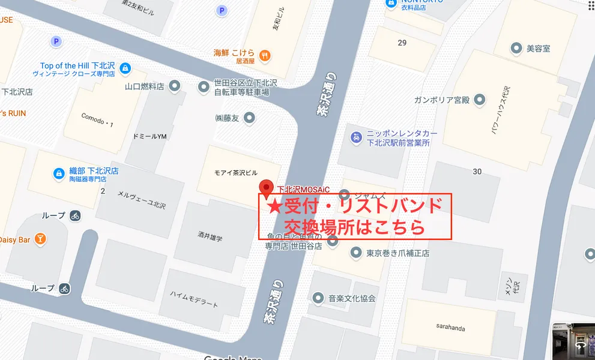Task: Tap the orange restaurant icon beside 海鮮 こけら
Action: point(265,56)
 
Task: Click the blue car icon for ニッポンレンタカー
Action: point(356,137)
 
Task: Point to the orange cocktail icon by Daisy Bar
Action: point(40,239)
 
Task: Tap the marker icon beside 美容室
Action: point(515,48)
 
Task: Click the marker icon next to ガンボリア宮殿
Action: point(479,100)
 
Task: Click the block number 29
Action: point(402,42)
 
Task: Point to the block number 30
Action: point(477,172)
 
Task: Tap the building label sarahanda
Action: point(450,328)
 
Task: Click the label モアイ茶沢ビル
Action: point(235,172)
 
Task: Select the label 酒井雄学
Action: point(210,237)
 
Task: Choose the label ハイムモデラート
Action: point(194,298)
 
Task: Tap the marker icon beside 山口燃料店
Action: point(175,86)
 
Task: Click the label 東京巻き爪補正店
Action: point(397,253)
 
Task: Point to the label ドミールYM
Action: point(150,136)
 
